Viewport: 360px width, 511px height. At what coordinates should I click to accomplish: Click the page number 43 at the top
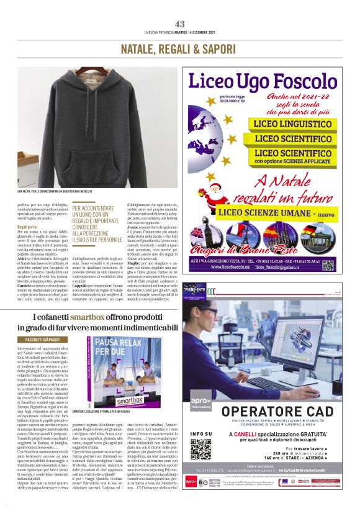(x=179, y=24)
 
